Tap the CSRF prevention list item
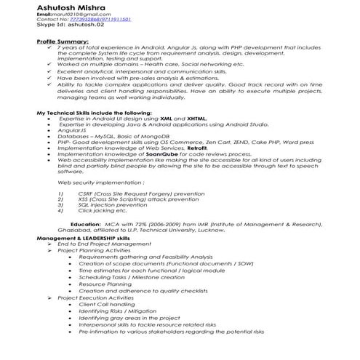click(x=137, y=195)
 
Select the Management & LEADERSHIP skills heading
click(x=83, y=238)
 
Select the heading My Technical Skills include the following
click(x=94, y=112)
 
